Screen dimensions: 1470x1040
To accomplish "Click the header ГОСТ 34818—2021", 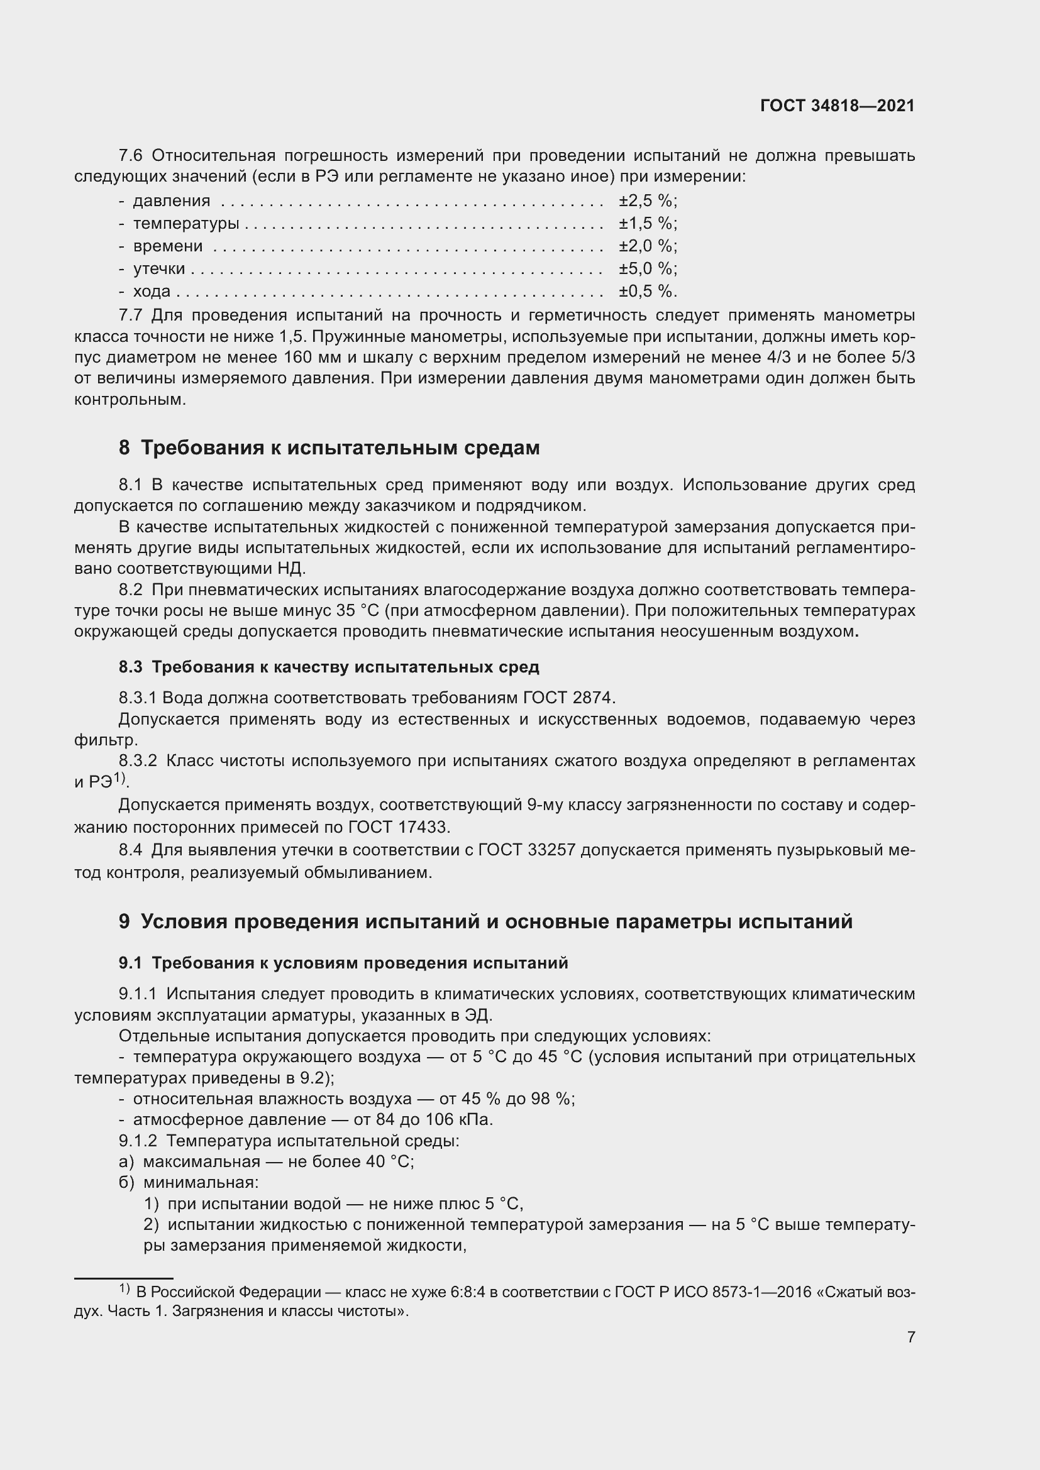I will pyautogui.click(x=837, y=106).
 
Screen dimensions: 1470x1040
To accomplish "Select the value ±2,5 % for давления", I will pyautogui.click(x=646, y=201).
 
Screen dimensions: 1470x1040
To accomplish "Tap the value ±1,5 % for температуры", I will pyautogui.click(x=646, y=224).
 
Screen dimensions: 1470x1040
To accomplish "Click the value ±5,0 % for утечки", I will pyautogui.click(x=646, y=268).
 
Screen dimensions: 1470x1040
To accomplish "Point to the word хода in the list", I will pyautogui.click(x=152, y=292).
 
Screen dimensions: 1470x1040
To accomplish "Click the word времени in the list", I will pyautogui.click(x=168, y=246).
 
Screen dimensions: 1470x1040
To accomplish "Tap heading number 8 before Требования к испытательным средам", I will pyautogui.click(x=124, y=448).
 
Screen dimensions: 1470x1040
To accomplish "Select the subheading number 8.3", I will pyautogui.click(x=130, y=667).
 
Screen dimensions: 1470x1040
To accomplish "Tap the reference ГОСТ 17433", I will pyautogui.click(x=397, y=827).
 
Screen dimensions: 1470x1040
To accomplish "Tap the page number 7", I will pyautogui.click(x=910, y=1337).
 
